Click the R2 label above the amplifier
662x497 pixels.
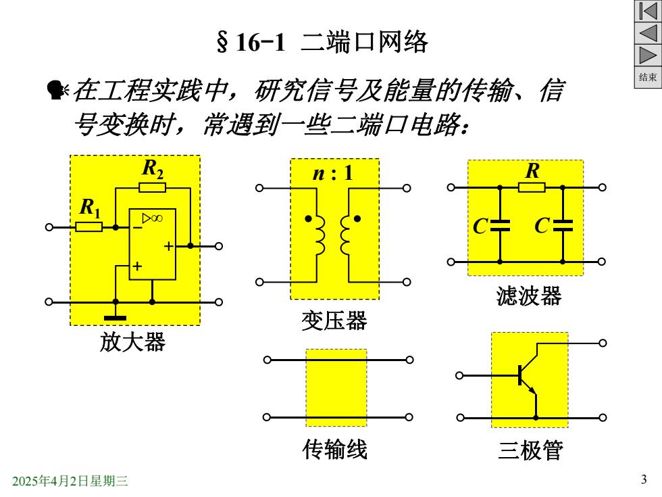click(x=153, y=169)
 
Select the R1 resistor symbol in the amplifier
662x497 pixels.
click(x=88, y=227)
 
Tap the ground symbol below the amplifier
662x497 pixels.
click(x=116, y=318)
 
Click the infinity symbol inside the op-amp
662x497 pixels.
click(x=157, y=218)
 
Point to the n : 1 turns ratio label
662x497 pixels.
click(x=332, y=173)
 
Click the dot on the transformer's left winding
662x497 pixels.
click(x=308, y=218)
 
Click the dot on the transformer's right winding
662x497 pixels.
click(x=357, y=218)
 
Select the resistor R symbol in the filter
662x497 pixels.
click(x=532, y=187)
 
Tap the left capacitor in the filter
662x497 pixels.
click(x=500, y=226)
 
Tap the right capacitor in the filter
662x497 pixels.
click(x=563, y=226)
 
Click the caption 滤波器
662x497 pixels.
click(x=528, y=296)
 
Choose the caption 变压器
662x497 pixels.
click(x=334, y=321)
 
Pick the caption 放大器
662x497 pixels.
click(x=132, y=341)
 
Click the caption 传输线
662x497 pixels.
click(x=335, y=449)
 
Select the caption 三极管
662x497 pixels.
click(x=531, y=450)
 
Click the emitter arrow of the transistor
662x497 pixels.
click(x=532, y=389)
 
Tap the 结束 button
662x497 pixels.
click(x=648, y=77)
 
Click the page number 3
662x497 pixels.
click(x=644, y=479)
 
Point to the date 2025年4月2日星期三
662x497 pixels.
click(x=70, y=481)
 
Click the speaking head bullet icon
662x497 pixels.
click(x=57, y=90)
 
